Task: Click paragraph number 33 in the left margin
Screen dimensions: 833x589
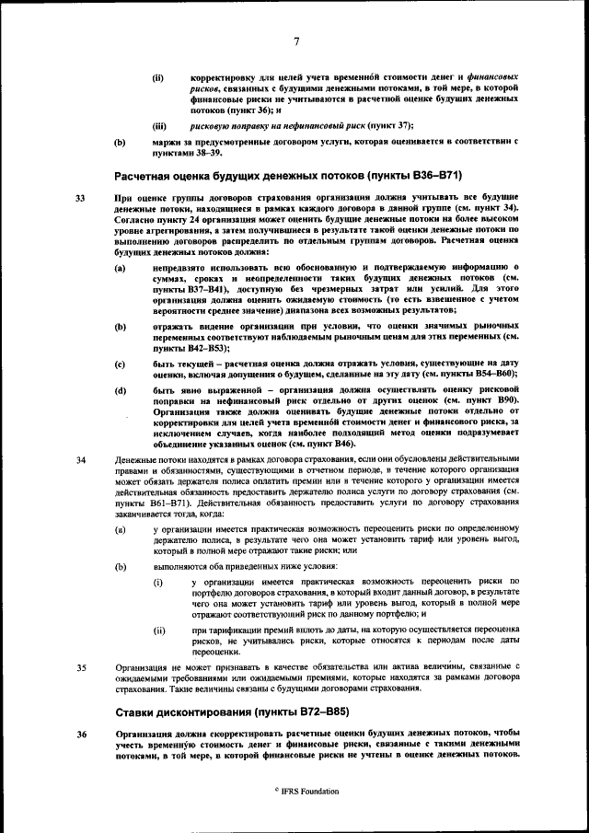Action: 80,198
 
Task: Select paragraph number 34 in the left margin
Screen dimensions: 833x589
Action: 80,459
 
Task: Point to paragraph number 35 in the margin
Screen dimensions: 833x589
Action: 80,666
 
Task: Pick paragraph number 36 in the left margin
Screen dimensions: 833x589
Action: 80,734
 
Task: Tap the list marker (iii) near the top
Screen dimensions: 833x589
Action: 158,125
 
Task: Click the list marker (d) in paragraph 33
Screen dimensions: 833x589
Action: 120,391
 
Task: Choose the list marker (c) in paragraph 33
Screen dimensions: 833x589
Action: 120,364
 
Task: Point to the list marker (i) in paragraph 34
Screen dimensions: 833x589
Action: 158,582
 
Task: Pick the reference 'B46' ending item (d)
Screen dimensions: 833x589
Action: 339,443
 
